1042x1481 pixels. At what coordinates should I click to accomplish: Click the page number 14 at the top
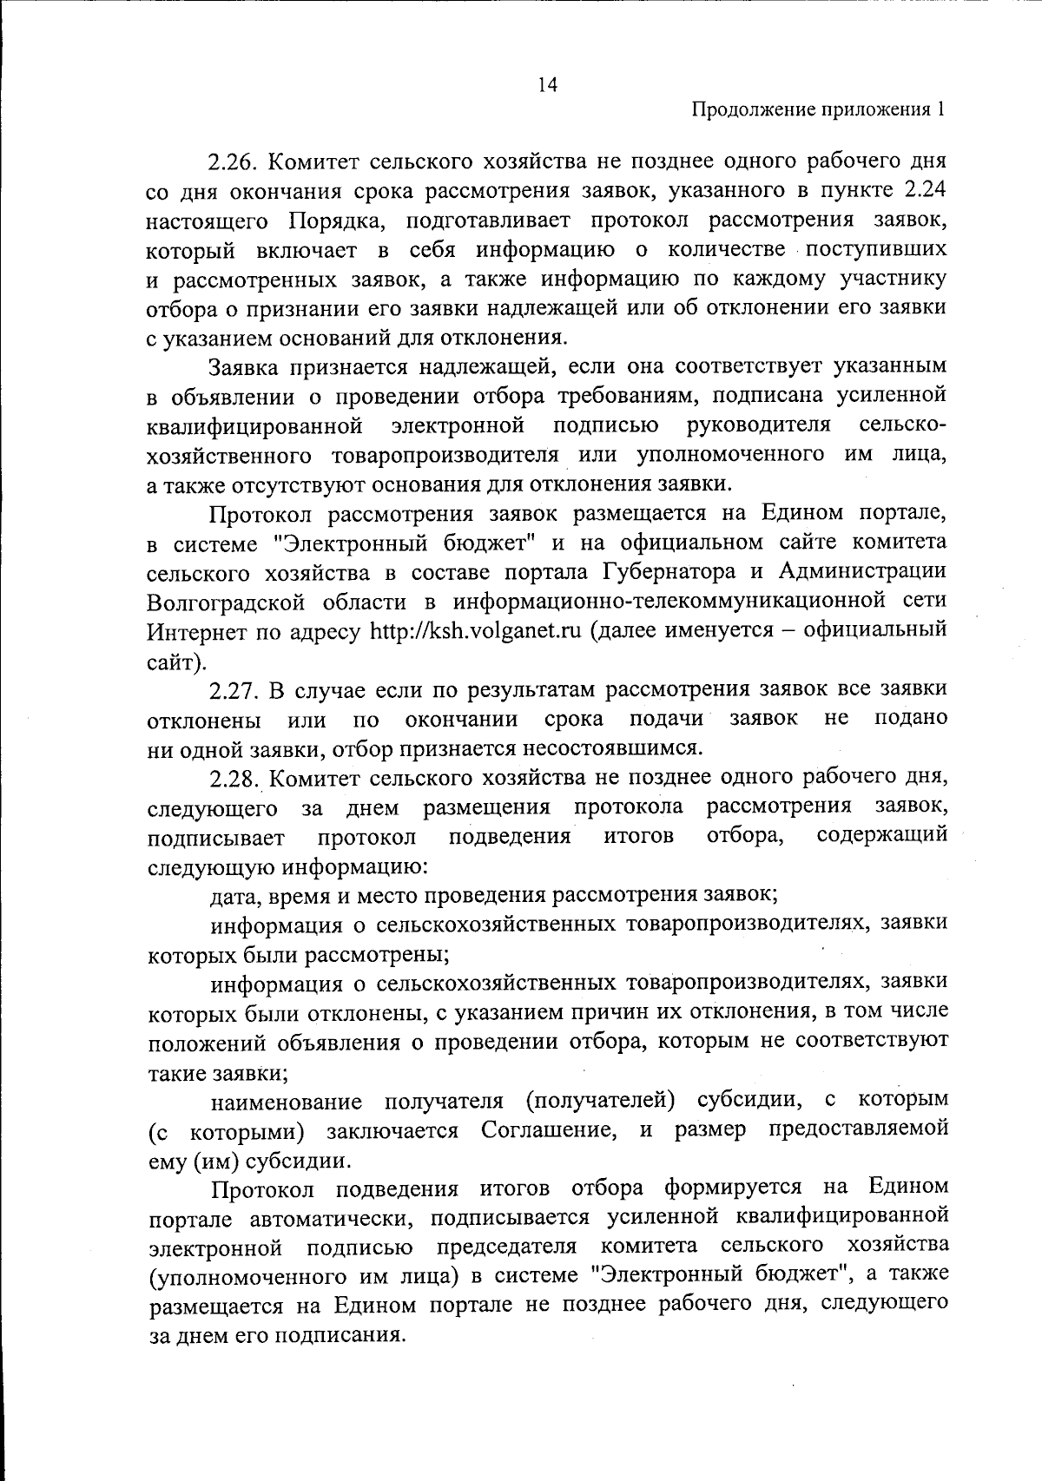[547, 84]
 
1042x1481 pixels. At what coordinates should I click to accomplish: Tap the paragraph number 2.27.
[234, 691]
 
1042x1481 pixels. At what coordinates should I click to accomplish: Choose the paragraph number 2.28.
[234, 780]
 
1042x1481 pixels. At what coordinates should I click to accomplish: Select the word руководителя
[759, 426]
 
